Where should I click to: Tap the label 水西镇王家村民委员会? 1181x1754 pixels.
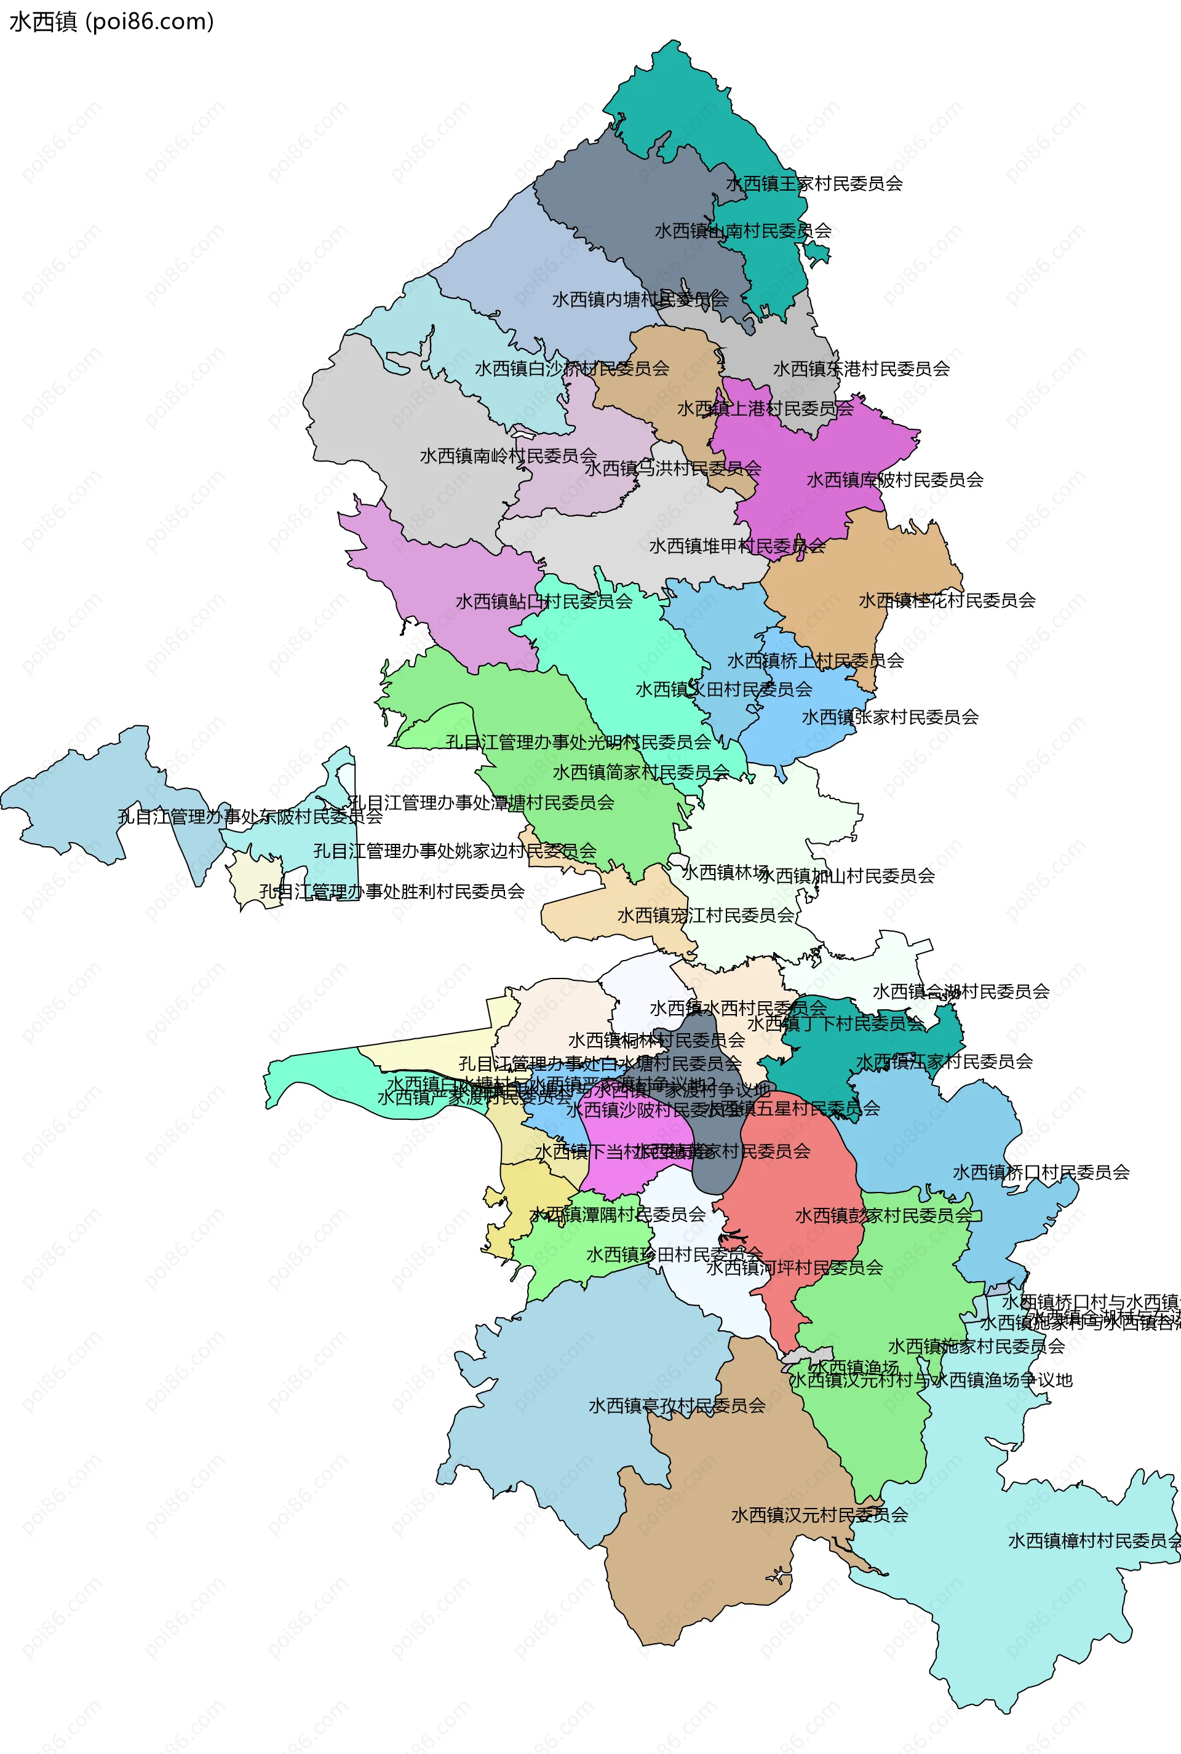[x=814, y=184]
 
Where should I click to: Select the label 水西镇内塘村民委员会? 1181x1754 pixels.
[x=640, y=300]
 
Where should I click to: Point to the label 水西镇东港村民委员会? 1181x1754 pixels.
[x=861, y=369]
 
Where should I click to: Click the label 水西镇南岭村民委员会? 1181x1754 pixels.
[x=509, y=456]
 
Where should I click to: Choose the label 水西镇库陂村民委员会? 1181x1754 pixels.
[x=895, y=480]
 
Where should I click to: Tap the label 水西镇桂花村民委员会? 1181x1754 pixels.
[x=947, y=601]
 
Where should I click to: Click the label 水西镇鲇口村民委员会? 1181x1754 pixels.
[x=544, y=601]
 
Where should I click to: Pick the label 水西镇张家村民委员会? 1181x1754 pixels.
[x=889, y=718]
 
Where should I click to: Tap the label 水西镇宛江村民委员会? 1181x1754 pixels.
[x=706, y=916]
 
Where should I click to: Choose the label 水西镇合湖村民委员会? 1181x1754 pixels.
[x=961, y=992]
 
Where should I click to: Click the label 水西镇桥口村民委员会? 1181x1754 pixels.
[x=1041, y=1173]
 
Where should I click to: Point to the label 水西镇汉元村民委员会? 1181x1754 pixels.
[x=819, y=1515]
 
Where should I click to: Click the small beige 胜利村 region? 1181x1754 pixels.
[x=248, y=881]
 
